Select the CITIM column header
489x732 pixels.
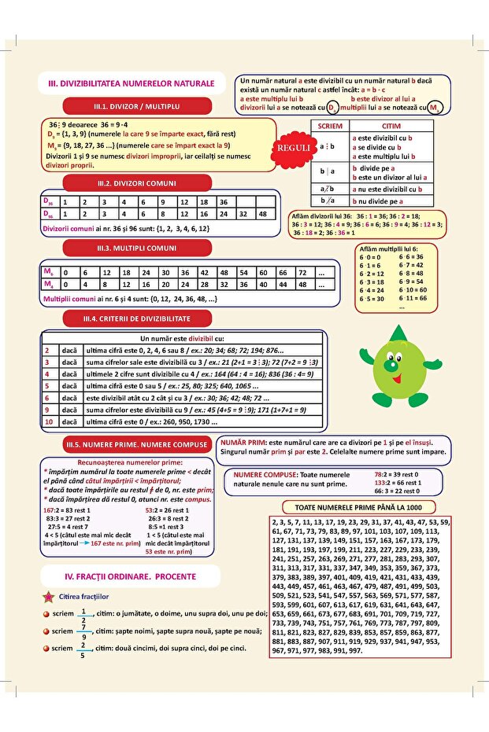tap(391, 126)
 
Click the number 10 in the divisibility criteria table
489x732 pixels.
tap(48, 421)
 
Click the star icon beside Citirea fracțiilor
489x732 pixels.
tap(50, 598)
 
